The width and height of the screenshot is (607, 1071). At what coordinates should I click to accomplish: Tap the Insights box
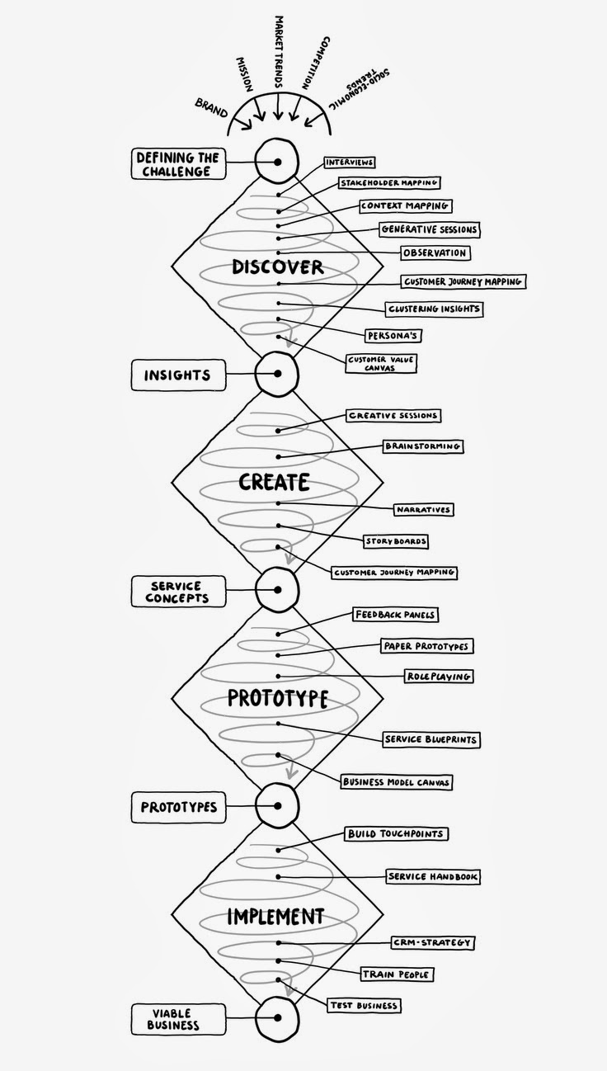coord(176,375)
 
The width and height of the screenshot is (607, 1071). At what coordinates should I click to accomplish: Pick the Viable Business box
coord(173,1018)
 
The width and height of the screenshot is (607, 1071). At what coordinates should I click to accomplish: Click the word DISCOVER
coord(277,267)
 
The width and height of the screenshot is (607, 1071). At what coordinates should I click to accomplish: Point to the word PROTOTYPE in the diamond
coord(277,699)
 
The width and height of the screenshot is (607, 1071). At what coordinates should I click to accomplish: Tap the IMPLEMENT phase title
coord(276,916)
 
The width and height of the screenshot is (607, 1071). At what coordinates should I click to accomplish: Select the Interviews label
coord(350,163)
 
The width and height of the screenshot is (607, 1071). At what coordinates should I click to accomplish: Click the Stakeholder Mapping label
coord(389,183)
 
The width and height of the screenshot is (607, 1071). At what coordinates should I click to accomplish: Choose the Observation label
coord(435,252)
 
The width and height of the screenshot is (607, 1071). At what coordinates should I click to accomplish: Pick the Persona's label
coord(394,336)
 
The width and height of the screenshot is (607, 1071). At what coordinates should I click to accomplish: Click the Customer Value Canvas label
coord(382,364)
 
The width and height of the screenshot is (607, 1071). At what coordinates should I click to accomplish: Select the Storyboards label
coord(396,541)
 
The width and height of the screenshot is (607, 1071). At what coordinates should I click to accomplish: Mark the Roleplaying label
coord(438,676)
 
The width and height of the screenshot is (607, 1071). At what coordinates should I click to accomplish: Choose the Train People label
coord(397,974)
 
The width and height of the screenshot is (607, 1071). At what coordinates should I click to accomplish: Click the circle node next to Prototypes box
coord(277,804)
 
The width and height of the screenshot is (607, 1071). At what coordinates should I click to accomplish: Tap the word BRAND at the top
coord(212,106)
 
